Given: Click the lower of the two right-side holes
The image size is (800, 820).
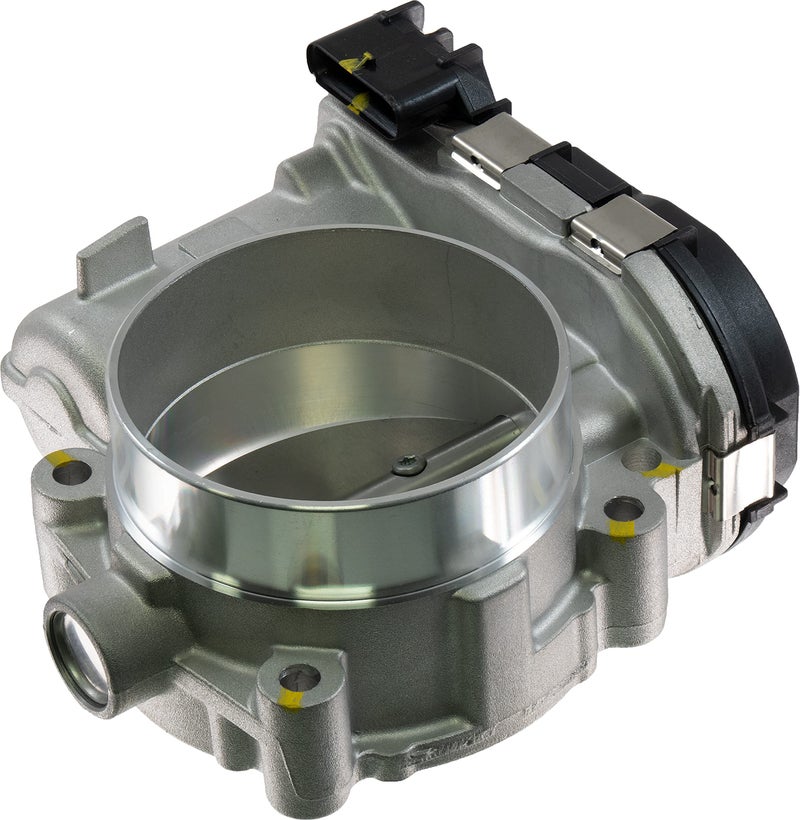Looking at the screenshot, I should point(623,509).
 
